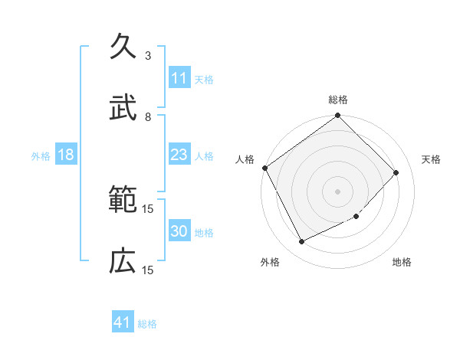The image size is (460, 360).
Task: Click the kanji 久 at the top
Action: click(x=123, y=47)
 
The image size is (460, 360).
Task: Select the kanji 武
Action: click(x=123, y=107)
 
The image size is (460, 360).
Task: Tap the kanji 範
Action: click(x=123, y=201)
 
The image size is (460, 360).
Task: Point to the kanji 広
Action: click(x=123, y=262)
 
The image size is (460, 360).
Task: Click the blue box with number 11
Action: click(x=179, y=78)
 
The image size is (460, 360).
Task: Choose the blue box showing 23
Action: click(x=179, y=155)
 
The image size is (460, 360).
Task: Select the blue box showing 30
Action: click(x=179, y=232)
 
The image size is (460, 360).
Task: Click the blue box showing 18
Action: click(x=66, y=155)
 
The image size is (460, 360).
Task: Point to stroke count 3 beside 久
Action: click(x=148, y=56)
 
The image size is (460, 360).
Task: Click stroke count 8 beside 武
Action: click(x=148, y=116)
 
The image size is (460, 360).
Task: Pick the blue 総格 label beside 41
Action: click(x=147, y=324)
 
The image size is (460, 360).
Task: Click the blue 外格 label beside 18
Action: click(x=41, y=156)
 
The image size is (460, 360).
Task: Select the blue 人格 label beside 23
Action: click(x=204, y=156)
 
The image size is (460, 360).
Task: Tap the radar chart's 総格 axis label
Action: click(x=337, y=100)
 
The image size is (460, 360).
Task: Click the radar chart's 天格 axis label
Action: click(x=431, y=159)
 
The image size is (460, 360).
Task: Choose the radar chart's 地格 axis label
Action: click(x=402, y=262)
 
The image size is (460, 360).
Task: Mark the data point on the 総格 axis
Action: click(x=337, y=116)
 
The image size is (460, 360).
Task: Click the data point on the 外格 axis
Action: click(x=301, y=242)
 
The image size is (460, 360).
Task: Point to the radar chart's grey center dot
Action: click(x=337, y=191)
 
